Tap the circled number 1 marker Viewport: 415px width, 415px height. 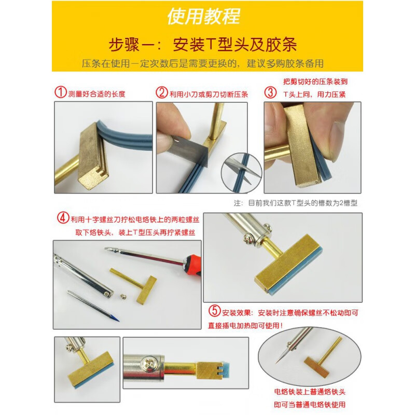click(61, 93)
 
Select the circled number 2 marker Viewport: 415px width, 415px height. click(162, 93)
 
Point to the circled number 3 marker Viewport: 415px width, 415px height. click(270, 93)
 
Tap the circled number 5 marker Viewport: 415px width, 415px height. click(214, 312)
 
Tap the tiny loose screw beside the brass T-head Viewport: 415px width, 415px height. click(125, 296)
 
